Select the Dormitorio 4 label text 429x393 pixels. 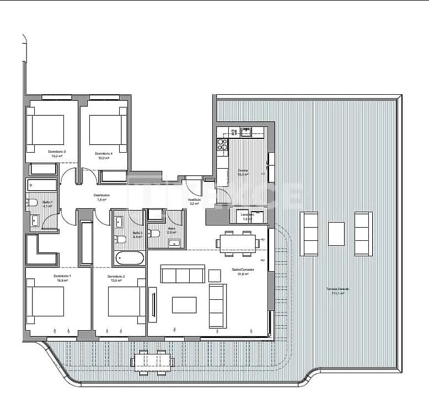[103, 153]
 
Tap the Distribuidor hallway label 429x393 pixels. [101, 195]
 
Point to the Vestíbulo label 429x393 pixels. [194, 200]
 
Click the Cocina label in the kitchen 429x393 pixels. [243, 171]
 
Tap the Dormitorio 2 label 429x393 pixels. [116, 277]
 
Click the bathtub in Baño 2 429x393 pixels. [130, 257]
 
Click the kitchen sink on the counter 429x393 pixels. [244, 132]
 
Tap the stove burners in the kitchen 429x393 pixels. [222, 144]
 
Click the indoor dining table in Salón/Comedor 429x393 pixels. [238, 243]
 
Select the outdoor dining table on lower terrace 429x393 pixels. [153, 362]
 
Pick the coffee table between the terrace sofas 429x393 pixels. [336, 234]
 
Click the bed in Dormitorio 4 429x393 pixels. [108, 130]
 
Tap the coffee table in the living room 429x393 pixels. [184, 305]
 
